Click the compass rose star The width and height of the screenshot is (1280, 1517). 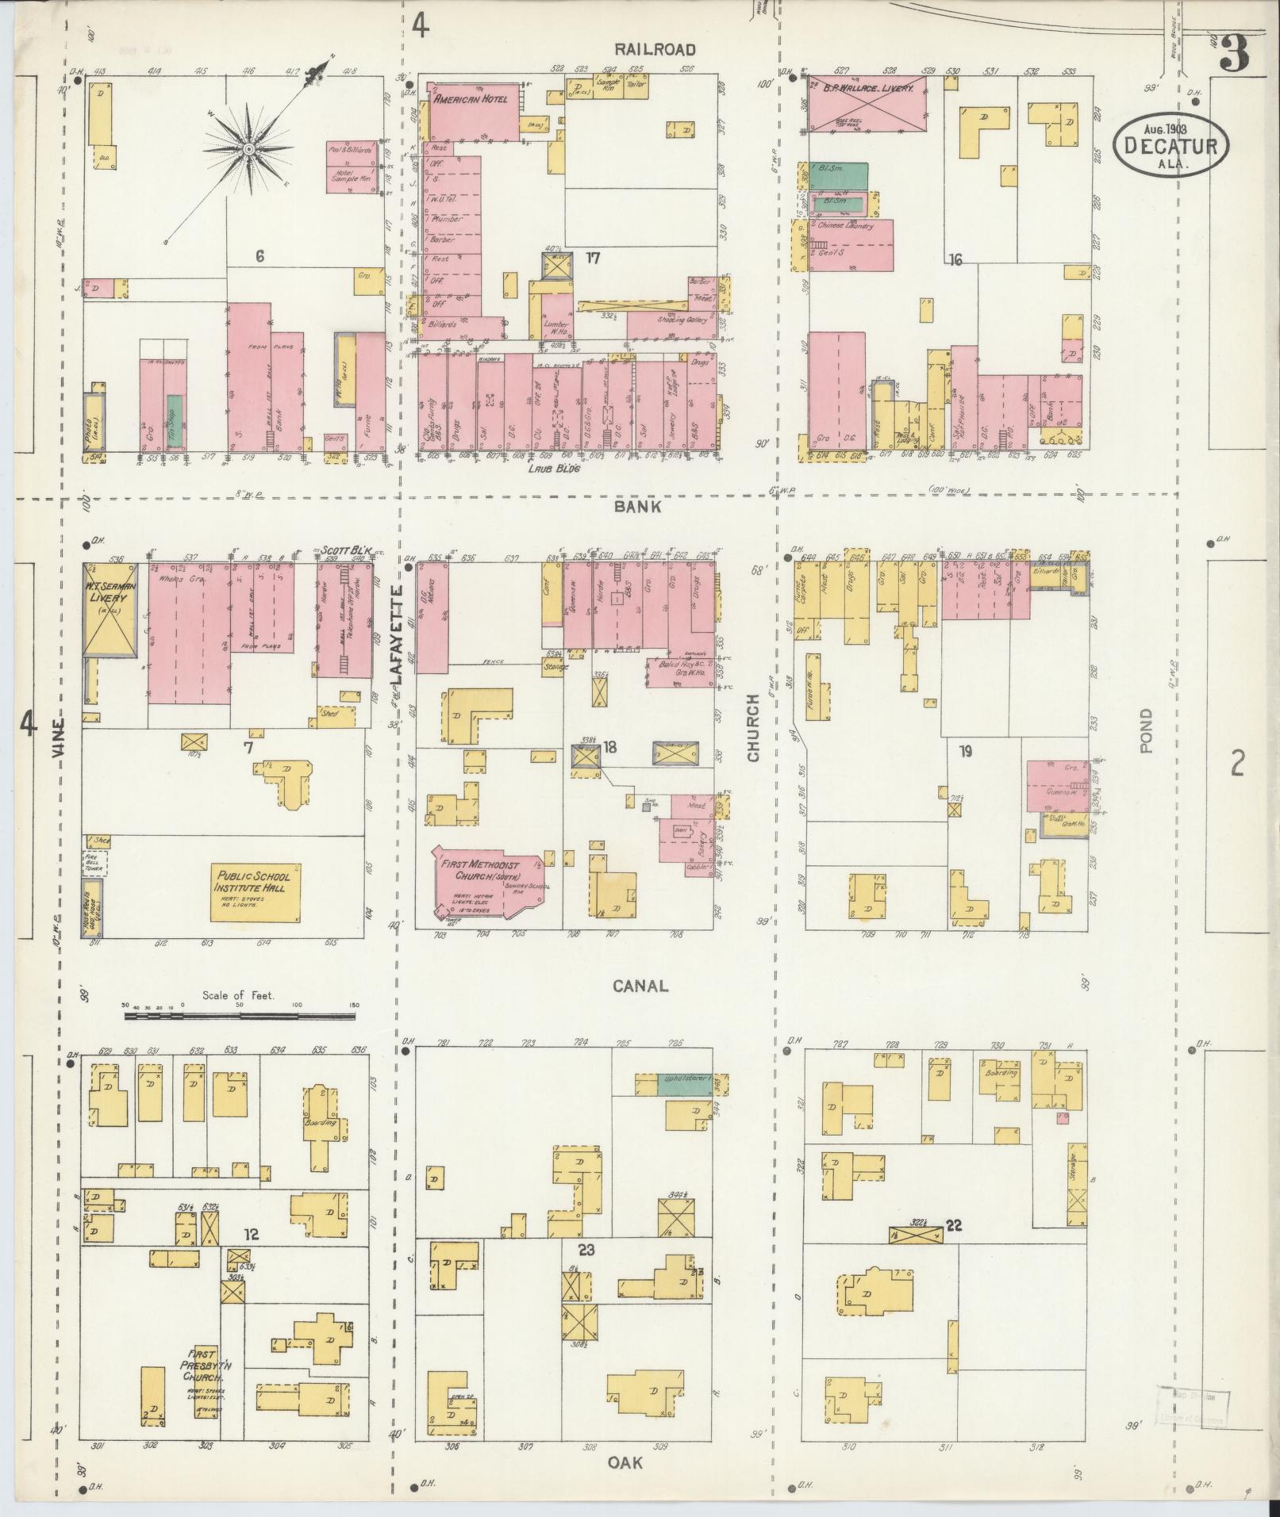pyautogui.click(x=248, y=148)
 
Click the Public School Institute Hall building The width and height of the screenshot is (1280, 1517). pyautogui.click(x=256, y=893)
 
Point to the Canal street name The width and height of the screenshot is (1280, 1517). pyautogui.click(x=640, y=986)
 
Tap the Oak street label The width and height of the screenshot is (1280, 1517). pyautogui.click(x=627, y=1461)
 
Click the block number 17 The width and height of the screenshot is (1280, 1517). pyautogui.click(x=592, y=257)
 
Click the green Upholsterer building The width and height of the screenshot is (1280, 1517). pyautogui.click(x=684, y=1084)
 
